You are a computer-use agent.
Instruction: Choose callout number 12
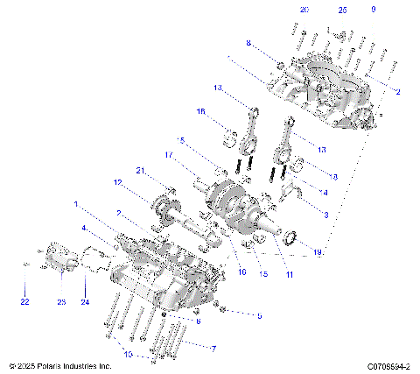[x=116, y=182]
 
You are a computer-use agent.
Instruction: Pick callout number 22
[x=24, y=302]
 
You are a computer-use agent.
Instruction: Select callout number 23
[x=61, y=302]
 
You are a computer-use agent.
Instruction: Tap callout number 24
[x=85, y=302]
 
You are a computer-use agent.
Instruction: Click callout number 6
[x=199, y=321]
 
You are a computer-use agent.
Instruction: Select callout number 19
[x=317, y=252]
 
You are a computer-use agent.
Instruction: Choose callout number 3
[x=326, y=215]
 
